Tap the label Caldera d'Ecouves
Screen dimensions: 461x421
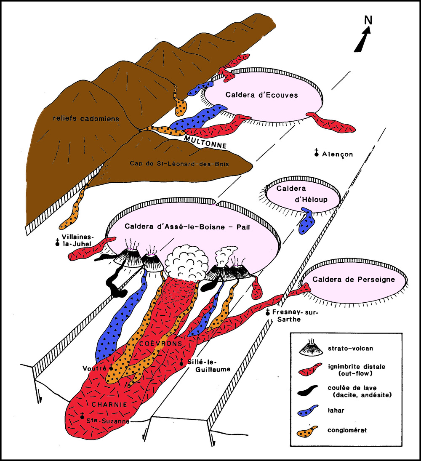pyautogui.click(x=262, y=95)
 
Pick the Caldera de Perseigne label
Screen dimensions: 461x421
pyautogui.click(x=353, y=279)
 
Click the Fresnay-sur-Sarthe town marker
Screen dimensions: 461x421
pyautogui.click(x=268, y=313)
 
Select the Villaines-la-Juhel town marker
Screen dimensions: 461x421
pyautogui.click(x=57, y=243)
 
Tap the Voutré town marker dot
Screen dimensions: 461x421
pyautogui.click(x=111, y=367)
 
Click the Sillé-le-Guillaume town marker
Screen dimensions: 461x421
pyautogui.click(x=181, y=362)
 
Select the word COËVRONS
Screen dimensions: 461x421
pyautogui.click(x=165, y=344)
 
